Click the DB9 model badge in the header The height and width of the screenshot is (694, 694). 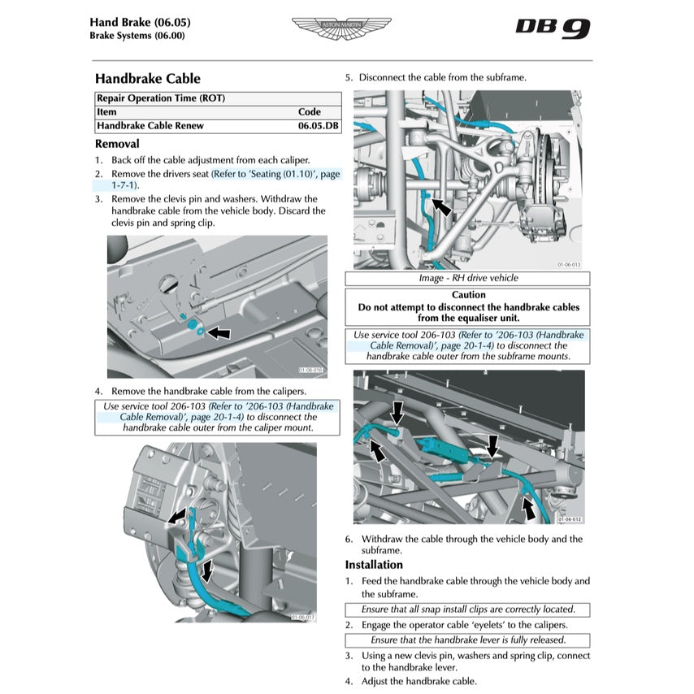553,28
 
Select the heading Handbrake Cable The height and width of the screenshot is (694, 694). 147,79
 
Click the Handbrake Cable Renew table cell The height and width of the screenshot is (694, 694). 150,126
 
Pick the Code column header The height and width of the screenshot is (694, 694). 309,112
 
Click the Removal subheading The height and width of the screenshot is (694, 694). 117,144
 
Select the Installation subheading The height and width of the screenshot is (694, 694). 373,565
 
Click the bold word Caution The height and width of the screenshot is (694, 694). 468,295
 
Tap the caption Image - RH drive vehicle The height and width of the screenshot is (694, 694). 468,278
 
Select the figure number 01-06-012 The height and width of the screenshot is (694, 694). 570,518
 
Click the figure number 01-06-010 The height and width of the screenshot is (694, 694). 310,371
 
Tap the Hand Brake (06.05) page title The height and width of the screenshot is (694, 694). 140,21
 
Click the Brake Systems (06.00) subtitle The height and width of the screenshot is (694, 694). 137,36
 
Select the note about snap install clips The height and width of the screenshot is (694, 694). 467,609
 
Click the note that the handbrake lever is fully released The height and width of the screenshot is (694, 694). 467,640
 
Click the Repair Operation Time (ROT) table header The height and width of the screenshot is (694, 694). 161,98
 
